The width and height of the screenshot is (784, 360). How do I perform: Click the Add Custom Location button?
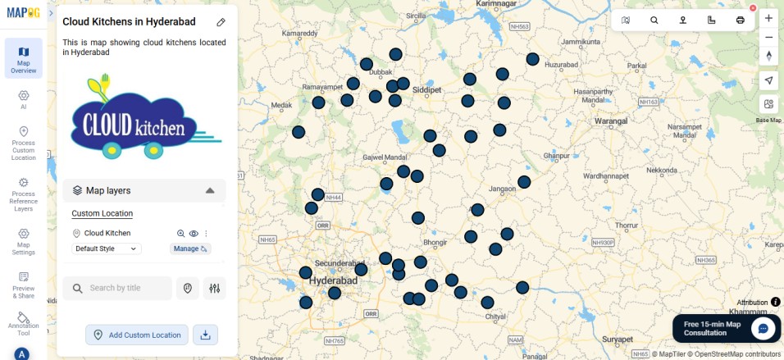point(137,335)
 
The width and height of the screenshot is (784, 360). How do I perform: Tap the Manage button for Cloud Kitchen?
point(190,248)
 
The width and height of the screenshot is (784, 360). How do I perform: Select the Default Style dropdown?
point(107,248)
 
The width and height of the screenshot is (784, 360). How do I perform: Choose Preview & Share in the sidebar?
point(23,285)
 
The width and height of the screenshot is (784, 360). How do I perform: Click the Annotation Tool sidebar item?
point(23,323)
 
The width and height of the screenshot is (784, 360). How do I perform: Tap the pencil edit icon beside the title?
point(221,22)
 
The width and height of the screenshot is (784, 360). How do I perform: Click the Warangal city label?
point(610,121)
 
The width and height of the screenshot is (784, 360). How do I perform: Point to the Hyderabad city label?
point(335,280)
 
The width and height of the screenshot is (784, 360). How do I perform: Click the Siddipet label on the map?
point(426,89)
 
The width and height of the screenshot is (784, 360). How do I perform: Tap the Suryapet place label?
point(617,339)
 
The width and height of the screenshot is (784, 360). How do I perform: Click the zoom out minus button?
point(768,37)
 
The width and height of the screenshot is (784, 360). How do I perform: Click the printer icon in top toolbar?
point(741,20)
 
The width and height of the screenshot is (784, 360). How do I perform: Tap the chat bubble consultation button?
point(763,328)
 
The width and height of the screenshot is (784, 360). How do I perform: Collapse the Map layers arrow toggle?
point(210,190)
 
